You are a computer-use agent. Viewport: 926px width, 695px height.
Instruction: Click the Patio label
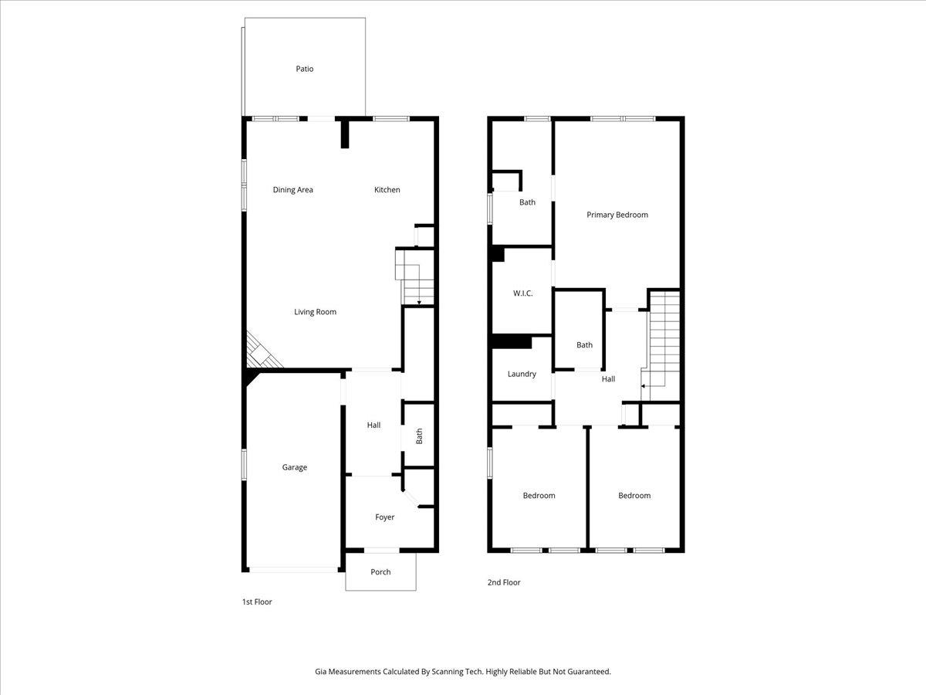pyautogui.click(x=305, y=69)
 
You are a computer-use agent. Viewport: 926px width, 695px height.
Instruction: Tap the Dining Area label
pyautogui.click(x=293, y=190)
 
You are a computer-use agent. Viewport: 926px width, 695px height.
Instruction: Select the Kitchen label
pyautogui.click(x=387, y=190)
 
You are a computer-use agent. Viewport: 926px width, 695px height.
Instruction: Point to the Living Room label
pyautogui.click(x=315, y=312)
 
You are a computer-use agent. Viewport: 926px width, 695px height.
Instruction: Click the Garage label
pyautogui.click(x=294, y=467)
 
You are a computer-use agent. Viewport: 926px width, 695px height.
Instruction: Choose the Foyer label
pyautogui.click(x=384, y=517)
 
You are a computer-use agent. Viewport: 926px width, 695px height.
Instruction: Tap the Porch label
pyautogui.click(x=380, y=572)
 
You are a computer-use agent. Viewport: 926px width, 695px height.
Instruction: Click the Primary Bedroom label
pyautogui.click(x=617, y=215)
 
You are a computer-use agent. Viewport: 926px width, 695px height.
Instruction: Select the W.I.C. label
pyautogui.click(x=522, y=293)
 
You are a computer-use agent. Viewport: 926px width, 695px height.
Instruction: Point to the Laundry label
pyautogui.click(x=522, y=375)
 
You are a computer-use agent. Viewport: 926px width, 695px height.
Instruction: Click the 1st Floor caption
pyautogui.click(x=257, y=602)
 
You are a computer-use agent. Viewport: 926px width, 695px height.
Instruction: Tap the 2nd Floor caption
pyautogui.click(x=504, y=582)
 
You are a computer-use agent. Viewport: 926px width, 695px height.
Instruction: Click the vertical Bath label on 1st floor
pyautogui.click(x=420, y=436)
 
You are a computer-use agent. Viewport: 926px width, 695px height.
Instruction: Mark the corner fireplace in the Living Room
pyautogui.click(x=261, y=354)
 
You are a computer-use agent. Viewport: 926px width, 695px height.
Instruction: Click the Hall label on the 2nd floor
pyautogui.click(x=608, y=379)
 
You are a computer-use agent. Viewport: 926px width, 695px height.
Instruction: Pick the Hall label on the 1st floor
pyautogui.click(x=373, y=425)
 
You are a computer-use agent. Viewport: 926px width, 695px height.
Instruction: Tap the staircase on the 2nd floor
pyautogui.click(x=664, y=340)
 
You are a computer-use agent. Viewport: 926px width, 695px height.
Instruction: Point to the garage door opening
pyautogui.click(x=293, y=570)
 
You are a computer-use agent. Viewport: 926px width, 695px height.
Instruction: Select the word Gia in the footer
pyautogui.click(x=321, y=672)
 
